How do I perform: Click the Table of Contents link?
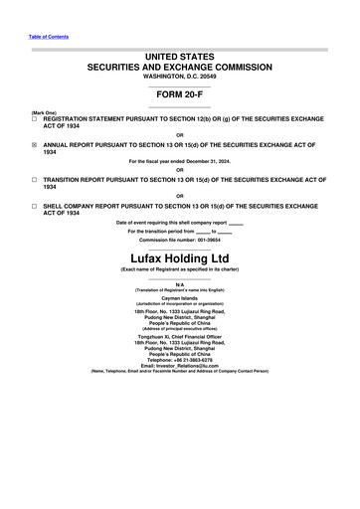pos(49,37)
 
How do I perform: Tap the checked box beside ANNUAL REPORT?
pos(35,143)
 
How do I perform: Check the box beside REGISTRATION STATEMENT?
pos(35,116)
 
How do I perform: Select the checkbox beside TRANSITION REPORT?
pos(35,180)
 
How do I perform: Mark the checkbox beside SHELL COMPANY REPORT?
pos(35,207)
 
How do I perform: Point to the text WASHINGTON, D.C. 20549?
pos(180,77)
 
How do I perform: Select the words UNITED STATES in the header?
pos(180,56)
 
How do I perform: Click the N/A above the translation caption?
pos(180,283)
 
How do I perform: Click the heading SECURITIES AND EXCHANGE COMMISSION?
pos(180,67)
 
